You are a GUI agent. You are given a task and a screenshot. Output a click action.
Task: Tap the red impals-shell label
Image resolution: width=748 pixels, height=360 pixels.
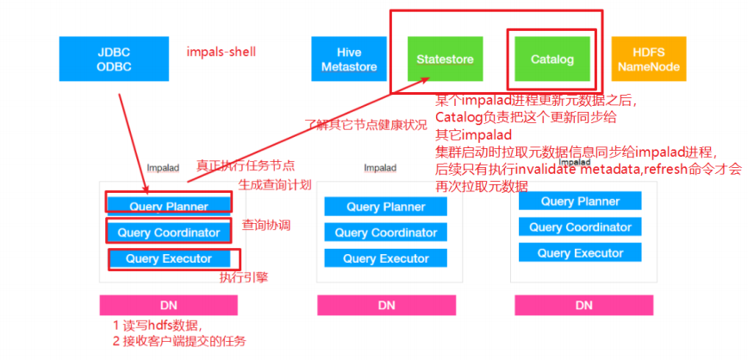221,52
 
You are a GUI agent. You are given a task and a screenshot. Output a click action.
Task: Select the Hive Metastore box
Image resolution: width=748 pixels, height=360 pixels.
342,59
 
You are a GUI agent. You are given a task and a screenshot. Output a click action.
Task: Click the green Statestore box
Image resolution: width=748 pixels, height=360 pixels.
445,59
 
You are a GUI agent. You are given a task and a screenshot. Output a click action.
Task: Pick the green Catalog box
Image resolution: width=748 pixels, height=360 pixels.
551,59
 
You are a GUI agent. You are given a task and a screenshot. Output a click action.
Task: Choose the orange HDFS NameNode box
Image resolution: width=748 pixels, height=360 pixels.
648,59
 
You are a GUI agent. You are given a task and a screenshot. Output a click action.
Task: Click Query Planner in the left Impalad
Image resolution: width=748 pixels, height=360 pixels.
169,206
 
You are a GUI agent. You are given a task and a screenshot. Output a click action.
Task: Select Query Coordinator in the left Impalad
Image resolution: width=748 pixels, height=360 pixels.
169,232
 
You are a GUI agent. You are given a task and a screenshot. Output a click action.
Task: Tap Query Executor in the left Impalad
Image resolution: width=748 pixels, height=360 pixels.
169,258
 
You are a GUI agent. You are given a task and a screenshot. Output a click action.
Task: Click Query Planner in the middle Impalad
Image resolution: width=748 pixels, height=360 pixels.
386,207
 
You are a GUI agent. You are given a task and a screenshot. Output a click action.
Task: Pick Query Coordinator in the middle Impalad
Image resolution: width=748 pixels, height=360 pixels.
386,233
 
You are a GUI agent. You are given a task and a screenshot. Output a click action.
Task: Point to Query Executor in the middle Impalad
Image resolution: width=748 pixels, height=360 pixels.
386,258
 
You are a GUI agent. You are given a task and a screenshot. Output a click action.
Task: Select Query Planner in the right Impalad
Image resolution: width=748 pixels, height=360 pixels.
580,202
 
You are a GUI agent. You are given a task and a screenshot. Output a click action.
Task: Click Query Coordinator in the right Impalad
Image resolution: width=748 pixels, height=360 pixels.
580,227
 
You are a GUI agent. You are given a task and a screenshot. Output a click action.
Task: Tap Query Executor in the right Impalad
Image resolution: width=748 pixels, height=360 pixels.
580,253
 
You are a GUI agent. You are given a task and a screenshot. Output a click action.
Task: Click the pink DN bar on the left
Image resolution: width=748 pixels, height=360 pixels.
169,305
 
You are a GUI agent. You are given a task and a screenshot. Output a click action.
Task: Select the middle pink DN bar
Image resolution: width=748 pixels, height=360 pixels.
386,306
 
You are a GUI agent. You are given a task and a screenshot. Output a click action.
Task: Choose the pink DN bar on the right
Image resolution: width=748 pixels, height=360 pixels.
583,305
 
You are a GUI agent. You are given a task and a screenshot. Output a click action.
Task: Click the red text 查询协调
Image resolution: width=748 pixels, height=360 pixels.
265,225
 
